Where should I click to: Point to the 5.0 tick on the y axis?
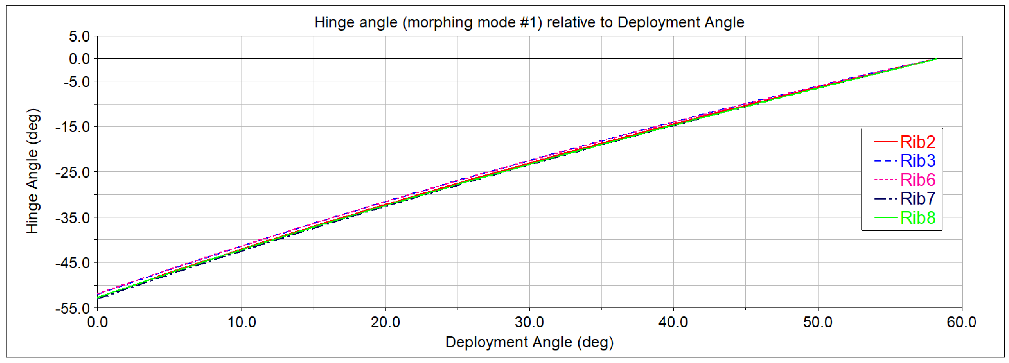pos(79,37)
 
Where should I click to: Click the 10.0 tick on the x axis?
pos(242,322)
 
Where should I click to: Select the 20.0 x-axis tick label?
pos(385,322)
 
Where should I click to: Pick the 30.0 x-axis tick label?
pos(530,322)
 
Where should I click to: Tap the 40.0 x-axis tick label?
pos(673,322)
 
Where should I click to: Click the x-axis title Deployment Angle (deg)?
pos(529,342)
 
